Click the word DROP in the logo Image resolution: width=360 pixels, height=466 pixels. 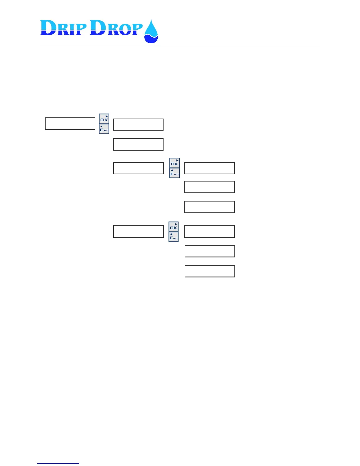coord(116,28)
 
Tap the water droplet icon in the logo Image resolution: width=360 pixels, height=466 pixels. coord(151,32)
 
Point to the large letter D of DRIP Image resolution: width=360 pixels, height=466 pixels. coord(48,28)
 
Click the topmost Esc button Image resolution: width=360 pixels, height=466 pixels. coord(104,129)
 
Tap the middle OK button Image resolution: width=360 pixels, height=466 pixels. coord(175,163)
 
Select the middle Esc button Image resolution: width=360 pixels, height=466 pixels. coord(175,173)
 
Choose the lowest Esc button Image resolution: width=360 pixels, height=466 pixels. coord(174,237)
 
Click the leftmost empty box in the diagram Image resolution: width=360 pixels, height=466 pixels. coord(70,124)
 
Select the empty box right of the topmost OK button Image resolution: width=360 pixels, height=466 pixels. coord(138,125)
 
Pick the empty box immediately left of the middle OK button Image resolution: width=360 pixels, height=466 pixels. coord(138,168)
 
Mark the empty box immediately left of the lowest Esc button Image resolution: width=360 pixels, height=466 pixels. coord(138,232)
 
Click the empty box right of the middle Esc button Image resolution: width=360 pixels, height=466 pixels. coord(209,168)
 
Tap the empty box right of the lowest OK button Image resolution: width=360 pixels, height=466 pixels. coord(209,232)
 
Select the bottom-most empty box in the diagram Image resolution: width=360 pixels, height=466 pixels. coord(210,271)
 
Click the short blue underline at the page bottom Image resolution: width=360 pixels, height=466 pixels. coord(58,463)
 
